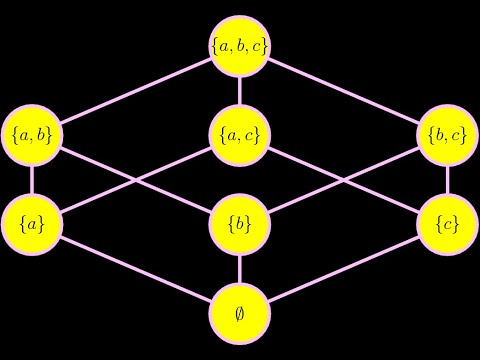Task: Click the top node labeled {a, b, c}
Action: pos(240,45)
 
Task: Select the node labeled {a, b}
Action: pos(32,134)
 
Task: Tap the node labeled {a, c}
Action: pos(240,134)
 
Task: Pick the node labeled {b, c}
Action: pos(447,134)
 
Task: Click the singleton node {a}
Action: pos(32,223)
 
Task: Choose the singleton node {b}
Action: pos(240,223)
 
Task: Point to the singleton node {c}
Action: pos(447,223)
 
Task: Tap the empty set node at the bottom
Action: pos(240,312)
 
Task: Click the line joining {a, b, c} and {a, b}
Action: pos(136,90)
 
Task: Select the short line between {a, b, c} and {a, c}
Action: pos(240,90)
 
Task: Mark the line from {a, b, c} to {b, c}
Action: pos(344,90)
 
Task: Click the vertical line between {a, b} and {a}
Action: pos(32,179)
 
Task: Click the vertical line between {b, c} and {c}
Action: pos(447,179)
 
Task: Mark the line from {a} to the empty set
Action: pos(136,268)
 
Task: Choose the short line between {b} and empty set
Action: pos(240,268)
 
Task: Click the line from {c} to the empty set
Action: pos(344,268)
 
